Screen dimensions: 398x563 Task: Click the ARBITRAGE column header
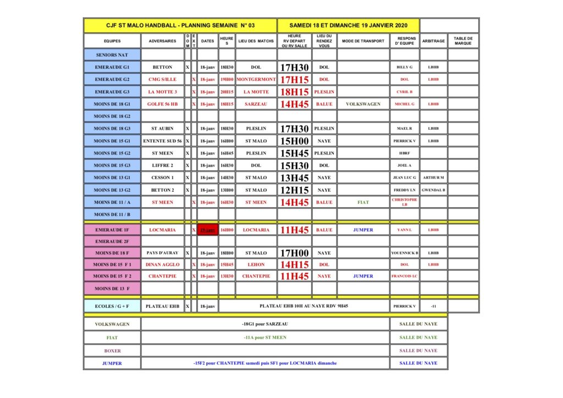click(433, 41)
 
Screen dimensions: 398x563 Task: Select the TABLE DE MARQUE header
click(463, 41)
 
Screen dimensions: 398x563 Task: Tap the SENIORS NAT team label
click(112, 55)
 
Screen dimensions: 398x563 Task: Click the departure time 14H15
click(295, 264)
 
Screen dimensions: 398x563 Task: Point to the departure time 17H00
click(295, 253)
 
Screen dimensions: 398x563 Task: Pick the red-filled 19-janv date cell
click(208, 230)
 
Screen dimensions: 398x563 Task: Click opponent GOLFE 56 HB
click(162, 104)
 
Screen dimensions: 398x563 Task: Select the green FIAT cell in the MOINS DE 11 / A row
click(363, 202)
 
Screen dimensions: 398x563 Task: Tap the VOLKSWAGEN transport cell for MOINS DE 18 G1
click(363, 104)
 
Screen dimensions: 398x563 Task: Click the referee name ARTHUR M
click(433, 178)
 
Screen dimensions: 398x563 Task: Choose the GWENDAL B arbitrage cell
click(433, 190)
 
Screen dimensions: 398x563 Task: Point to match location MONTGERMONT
click(256, 79)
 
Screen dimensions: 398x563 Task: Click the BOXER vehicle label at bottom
click(112, 351)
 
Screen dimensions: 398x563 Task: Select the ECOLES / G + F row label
click(112, 306)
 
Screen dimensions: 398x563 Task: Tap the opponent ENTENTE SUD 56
click(162, 141)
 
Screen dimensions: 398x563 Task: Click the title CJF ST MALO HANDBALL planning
click(180, 25)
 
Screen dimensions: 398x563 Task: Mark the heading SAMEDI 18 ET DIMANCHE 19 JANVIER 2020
click(349, 25)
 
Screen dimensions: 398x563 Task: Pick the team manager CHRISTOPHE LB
click(405, 202)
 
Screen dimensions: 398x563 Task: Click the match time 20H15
click(227, 92)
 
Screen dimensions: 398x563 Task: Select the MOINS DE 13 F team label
click(112, 288)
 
